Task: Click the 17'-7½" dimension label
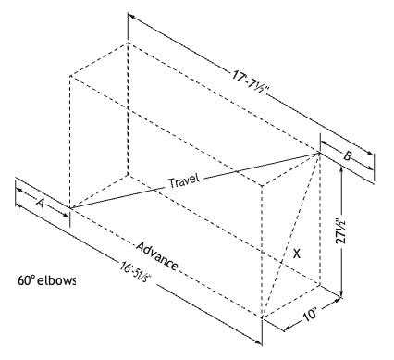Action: click(x=251, y=82)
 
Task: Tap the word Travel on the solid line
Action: click(x=184, y=180)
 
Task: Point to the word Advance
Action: click(x=157, y=256)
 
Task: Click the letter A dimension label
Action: click(x=40, y=203)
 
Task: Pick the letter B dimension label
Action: click(x=347, y=156)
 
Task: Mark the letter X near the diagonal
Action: click(x=296, y=254)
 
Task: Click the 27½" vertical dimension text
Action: click(x=340, y=231)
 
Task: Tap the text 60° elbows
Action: click(x=46, y=280)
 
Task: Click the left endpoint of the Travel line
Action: click(x=70, y=208)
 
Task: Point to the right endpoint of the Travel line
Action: click(x=320, y=153)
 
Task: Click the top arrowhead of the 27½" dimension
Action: click(x=341, y=169)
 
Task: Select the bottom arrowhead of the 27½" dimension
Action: click(x=341, y=293)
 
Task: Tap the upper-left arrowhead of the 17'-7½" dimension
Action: click(x=131, y=16)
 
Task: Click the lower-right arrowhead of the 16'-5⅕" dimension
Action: click(x=258, y=341)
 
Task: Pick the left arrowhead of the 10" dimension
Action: click(x=287, y=329)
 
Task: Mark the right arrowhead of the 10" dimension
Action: click(x=338, y=299)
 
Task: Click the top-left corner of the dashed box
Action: click(x=70, y=75)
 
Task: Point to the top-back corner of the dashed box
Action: click(x=128, y=43)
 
